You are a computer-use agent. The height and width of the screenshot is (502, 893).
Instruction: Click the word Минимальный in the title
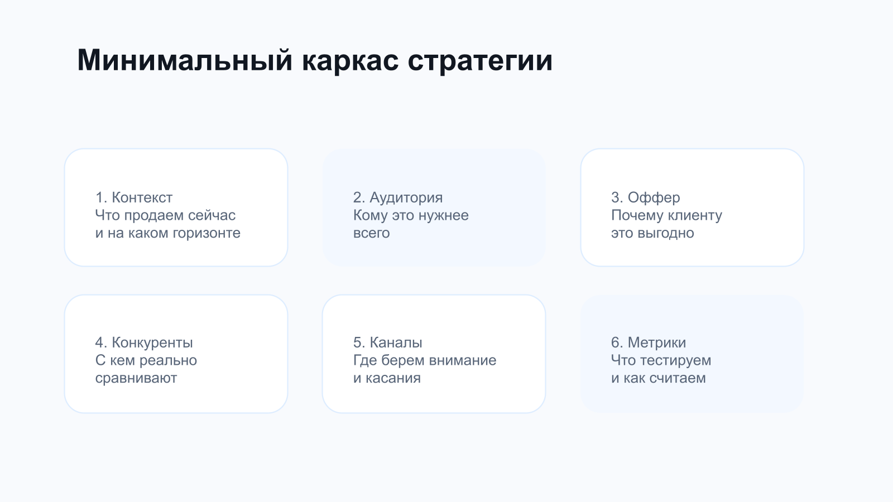185,60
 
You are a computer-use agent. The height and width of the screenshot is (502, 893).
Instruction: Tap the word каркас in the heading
350,60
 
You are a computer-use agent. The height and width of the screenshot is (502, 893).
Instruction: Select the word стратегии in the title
480,60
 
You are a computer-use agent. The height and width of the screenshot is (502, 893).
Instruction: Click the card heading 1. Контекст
134,197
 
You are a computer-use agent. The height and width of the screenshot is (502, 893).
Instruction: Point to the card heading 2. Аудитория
398,197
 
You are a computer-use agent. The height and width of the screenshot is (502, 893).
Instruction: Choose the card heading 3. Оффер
646,197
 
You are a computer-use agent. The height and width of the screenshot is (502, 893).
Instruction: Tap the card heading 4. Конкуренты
144,342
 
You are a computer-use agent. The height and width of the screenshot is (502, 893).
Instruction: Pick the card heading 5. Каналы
388,342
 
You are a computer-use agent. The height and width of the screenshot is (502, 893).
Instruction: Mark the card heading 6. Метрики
649,342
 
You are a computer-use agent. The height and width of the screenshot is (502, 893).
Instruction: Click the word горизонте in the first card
207,233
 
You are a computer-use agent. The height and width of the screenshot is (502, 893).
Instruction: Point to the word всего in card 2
371,233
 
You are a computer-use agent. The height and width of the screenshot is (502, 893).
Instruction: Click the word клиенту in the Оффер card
694,215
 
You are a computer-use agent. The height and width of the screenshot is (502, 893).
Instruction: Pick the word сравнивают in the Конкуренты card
136,378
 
